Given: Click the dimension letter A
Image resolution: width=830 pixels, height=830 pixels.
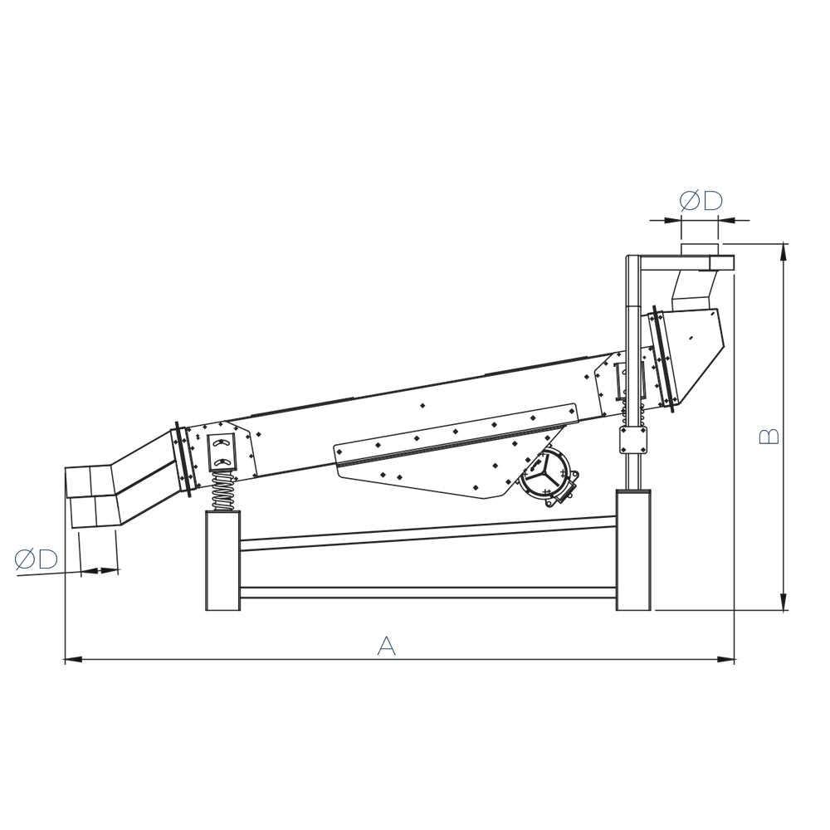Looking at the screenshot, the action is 387,645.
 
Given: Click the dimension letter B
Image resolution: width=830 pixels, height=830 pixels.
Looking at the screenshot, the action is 769,436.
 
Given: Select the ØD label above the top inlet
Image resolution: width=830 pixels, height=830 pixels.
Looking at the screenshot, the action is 701,200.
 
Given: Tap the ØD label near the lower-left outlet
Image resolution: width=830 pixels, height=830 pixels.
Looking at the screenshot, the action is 36,559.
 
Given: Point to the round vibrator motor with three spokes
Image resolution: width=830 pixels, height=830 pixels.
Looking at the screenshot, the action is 548,476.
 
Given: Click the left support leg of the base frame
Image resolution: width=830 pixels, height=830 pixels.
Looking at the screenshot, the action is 222,560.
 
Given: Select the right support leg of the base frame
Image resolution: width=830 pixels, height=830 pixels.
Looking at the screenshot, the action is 633,550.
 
